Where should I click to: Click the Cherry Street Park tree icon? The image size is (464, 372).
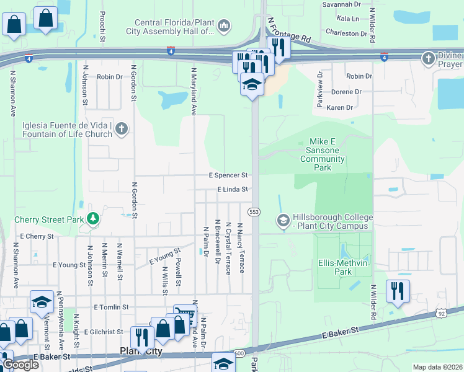point(92,218)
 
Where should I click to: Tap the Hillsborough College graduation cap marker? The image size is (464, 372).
point(283,221)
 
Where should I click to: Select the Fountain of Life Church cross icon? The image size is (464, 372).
point(122,129)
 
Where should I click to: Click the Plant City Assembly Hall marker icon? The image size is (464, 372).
point(224,25)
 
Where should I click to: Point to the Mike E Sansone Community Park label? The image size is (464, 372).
point(322,154)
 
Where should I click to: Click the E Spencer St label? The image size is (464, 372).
point(228,175)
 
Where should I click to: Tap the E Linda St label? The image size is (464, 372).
point(232,189)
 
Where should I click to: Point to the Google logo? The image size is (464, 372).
point(20,365)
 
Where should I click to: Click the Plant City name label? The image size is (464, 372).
point(141,352)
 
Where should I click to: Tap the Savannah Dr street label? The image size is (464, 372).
point(341,4)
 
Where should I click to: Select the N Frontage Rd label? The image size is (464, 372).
point(288,30)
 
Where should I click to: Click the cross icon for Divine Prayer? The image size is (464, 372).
point(427,59)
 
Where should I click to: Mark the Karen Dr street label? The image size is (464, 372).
point(339,107)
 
